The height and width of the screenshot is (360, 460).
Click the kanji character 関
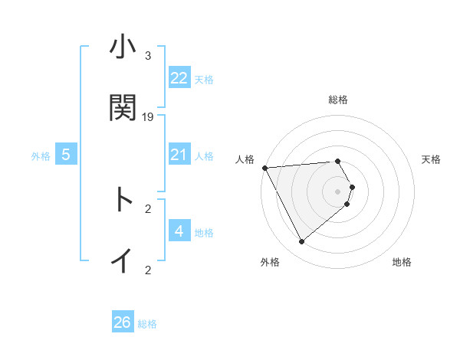tap(123, 107)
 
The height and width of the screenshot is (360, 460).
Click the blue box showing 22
tap(179, 78)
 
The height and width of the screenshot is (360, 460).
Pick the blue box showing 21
tap(179, 155)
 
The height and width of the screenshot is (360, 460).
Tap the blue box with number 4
tap(179, 231)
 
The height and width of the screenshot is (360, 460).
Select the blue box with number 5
tap(66, 155)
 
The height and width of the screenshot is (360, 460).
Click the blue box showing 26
tap(123, 322)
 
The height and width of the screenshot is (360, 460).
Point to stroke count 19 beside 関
tap(148, 117)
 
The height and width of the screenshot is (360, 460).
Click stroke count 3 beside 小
tap(147, 56)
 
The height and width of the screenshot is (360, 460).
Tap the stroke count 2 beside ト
tap(147, 208)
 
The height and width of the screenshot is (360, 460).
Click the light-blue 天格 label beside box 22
tap(204, 79)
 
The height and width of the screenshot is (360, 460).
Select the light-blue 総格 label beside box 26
tap(147, 324)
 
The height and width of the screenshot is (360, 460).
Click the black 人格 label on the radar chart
tap(245, 159)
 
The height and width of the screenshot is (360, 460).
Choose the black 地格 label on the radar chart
tap(402, 262)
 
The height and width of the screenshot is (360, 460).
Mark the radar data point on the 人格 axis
tap(264, 167)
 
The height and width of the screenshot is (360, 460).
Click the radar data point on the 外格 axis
tap(301, 241)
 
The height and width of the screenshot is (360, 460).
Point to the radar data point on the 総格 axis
tap(337, 161)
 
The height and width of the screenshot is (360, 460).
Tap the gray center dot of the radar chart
tap(337, 191)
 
